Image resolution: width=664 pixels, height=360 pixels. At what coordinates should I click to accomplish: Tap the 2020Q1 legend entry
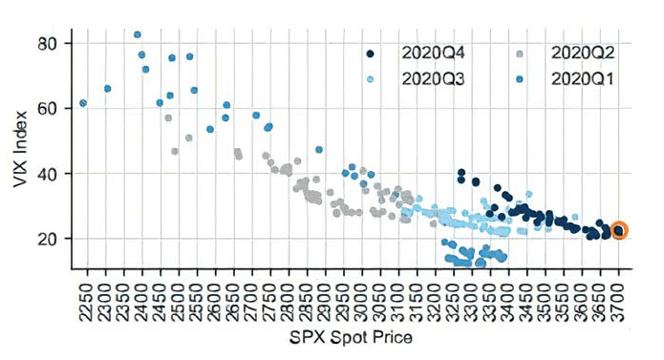tap(578, 78)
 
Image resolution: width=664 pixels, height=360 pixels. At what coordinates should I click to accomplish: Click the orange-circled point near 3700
tap(618, 230)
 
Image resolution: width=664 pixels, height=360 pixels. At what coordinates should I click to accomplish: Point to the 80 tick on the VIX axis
tap(49, 44)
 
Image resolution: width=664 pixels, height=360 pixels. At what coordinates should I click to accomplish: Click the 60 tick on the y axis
tap(49, 109)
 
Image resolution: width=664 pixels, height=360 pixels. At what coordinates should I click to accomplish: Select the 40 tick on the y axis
tap(49, 174)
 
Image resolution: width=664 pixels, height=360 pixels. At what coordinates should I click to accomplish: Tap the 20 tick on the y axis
tap(49, 238)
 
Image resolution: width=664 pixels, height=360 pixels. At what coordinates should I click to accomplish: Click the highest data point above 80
tap(138, 34)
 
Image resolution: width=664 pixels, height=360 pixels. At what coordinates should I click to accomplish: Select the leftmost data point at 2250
tap(83, 103)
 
